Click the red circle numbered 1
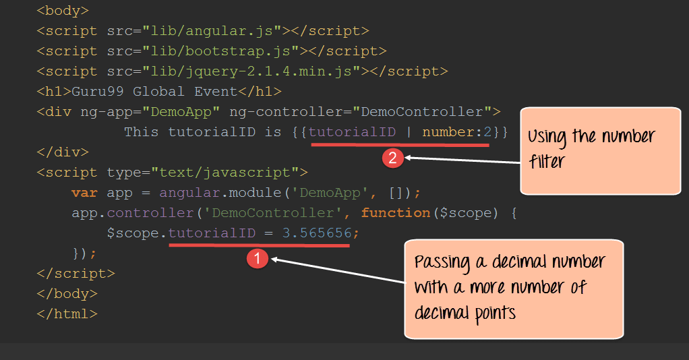pos(258,258)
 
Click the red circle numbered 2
pos(393,158)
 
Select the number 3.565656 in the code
pos(317,233)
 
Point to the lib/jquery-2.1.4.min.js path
pos(251,71)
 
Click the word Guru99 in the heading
pos(98,92)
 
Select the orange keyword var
pos(84,193)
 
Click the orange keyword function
pos(396,213)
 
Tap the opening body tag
pos(63,11)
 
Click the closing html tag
pos(67,314)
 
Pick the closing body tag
pos(67,294)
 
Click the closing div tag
pos(63,152)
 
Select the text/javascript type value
pos(224,173)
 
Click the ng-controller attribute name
pos(286,112)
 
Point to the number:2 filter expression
pos(457,132)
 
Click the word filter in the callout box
pos(547,161)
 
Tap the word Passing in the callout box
pos(442,262)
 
